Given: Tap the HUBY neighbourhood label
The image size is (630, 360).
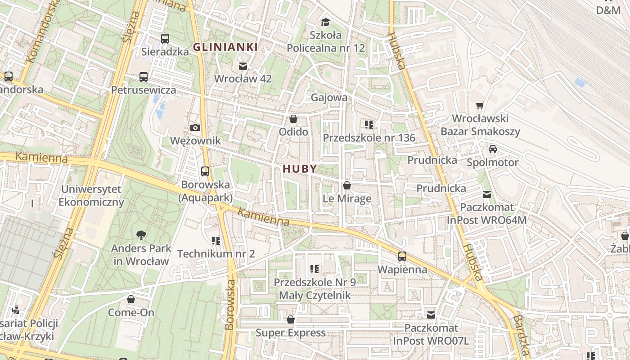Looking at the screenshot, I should (x=300, y=169).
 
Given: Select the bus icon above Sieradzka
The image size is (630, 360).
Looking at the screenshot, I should (x=165, y=39).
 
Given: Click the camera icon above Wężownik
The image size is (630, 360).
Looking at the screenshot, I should (x=195, y=128).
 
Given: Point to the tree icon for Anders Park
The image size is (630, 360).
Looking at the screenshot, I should (x=141, y=234).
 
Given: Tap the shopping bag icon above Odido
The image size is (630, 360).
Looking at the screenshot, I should (x=293, y=119).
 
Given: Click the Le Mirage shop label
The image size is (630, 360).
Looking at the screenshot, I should (x=347, y=198).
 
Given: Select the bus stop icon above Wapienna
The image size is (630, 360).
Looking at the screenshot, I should (x=402, y=256).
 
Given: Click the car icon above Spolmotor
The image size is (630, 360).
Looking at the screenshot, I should (x=492, y=149).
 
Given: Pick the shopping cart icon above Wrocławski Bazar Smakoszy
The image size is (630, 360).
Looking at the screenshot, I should (x=480, y=106).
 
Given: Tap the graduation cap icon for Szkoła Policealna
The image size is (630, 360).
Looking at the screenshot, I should (x=325, y=22).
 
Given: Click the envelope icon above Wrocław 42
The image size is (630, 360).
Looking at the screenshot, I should (x=243, y=66).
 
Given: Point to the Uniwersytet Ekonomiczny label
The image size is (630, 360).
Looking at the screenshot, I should (x=91, y=195).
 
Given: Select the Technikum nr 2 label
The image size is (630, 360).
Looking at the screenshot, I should (x=216, y=254).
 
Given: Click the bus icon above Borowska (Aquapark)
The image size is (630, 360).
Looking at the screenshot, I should (x=205, y=171).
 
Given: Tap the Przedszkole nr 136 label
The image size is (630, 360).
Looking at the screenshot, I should (x=369, y=138).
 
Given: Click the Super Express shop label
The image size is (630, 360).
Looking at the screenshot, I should (x=290, y=333).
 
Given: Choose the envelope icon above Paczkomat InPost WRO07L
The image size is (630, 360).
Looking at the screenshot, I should (x=431, y=315).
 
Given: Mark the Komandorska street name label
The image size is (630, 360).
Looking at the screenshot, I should (x=43, y=31).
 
